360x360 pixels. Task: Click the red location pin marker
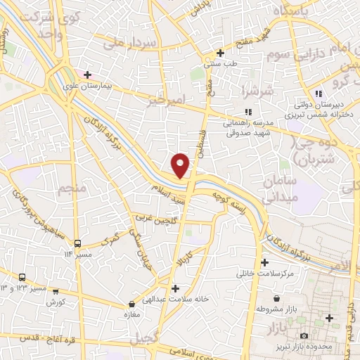tap(181, 165)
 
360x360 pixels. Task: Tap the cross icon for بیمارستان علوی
tap(87, 75)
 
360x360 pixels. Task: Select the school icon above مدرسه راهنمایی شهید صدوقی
tap(247, 111)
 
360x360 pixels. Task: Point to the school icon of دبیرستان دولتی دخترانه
tap(319, 94)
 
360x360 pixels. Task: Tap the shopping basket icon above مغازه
tap(131, 304)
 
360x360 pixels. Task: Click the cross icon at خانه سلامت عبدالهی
tap(175, 288)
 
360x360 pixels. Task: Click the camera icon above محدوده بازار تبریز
tap(303, 335)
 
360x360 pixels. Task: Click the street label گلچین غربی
tap(154, 224)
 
